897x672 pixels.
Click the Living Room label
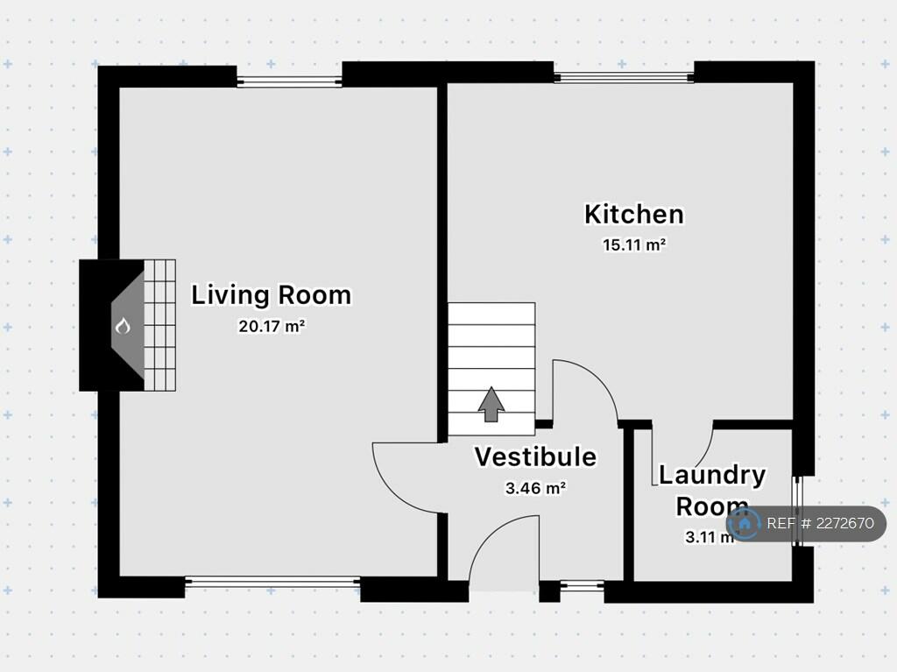pos(271,295)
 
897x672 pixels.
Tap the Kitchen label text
pos(633,214)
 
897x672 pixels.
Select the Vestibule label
pos(535,457)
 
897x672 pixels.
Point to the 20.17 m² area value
pos(271,327)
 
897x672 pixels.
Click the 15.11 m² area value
pos(634,245)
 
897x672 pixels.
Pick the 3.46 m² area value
pos(535,489)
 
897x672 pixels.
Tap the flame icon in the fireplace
pos(123,327)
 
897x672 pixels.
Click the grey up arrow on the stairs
pos(491,404)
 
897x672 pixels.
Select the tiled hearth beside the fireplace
pos(159,325)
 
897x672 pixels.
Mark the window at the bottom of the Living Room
pos(272,581)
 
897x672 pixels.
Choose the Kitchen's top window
pos(624,77)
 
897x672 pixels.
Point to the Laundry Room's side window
pos(797,511)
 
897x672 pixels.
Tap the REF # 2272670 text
pos(820,524)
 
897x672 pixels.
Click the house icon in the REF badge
pos(745,524)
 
